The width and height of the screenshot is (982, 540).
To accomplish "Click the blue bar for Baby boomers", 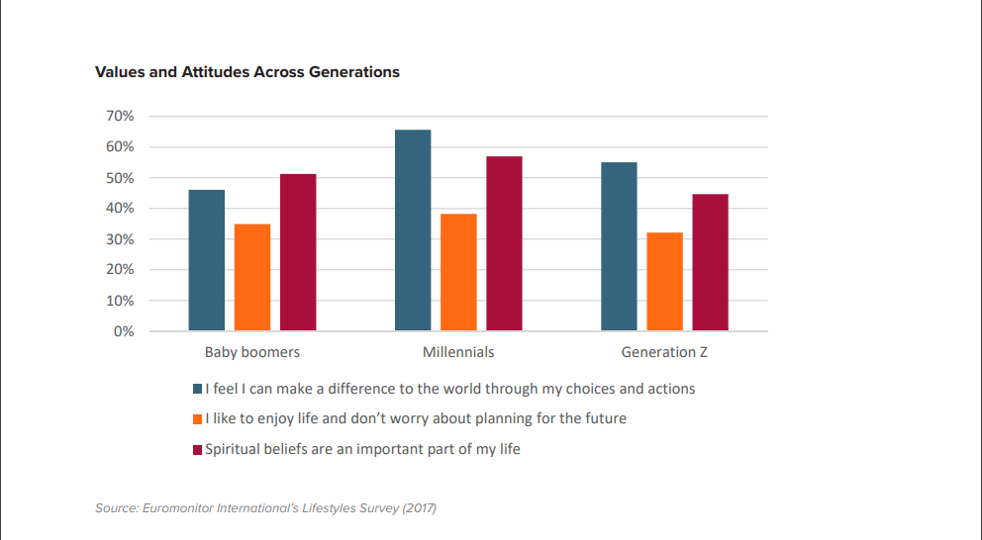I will tap(207, 260).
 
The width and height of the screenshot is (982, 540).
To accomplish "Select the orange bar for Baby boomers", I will tap(252, 277).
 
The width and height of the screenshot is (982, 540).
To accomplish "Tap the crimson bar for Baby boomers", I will tap(298, 252).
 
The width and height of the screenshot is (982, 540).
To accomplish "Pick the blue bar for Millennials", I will tap(413, 230).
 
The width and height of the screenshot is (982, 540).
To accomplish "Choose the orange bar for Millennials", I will tap(458, 272).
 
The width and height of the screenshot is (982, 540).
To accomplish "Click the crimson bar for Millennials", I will tap(504, 243).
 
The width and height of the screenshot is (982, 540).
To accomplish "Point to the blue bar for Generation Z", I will tap(619, 246).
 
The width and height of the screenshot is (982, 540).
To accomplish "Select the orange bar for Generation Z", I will tap(664, 281).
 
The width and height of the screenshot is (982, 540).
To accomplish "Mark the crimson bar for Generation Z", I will tap(710, 262).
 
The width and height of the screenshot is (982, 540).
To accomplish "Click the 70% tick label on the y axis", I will tap(120, 117).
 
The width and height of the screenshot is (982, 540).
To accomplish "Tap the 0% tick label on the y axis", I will tap(124, 331).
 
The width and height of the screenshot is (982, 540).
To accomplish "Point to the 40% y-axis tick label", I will tap(120, 209).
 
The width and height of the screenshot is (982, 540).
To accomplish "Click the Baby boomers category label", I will tap(252, 352).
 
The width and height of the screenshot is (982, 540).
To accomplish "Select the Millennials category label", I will tap(458, 352).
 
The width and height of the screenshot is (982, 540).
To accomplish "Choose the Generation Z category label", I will tap(664, 352).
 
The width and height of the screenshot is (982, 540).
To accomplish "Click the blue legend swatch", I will tap(198, 390).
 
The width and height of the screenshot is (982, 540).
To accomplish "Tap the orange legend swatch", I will tap(198, 419).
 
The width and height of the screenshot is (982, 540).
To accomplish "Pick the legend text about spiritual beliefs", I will tap(362, 449).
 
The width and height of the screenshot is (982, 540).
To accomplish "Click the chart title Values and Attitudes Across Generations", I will tap(247, 72).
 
